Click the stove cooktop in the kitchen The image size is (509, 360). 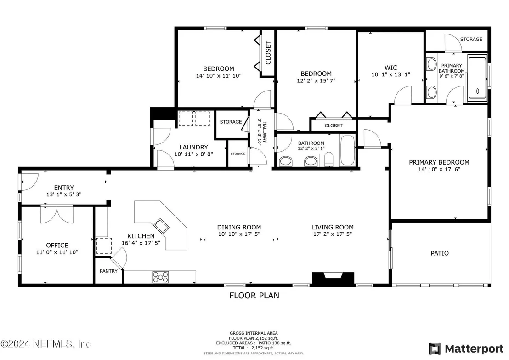click(x=161, y=277)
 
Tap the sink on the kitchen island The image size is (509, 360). click(x=161, y=226)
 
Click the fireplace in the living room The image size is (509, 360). click(x=333, y=279)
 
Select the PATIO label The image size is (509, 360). click(x=440, y=253)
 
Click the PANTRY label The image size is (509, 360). click(x=108, y=271)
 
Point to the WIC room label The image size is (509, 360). click(x=391, y=68)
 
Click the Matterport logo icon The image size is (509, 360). click(x=435, y=349)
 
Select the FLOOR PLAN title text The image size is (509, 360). click(x=254, y=295)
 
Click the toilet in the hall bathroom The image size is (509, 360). click(x=329, y=159)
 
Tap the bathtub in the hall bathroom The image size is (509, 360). click(x=348, y=150)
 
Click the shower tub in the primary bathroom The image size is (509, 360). click(x=477, y=78)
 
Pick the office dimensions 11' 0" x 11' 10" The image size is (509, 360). click(x=57, y=252)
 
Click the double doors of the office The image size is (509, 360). click(x=57, y=214)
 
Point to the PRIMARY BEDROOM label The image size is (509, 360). click(x=439, y=162)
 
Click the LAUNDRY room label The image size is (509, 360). click(x=193, y=147)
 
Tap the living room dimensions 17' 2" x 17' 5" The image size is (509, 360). click(x=333, y=234)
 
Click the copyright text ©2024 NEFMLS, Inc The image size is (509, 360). click(x=46, y=344)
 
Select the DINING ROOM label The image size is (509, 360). click(x=239, y=227)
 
